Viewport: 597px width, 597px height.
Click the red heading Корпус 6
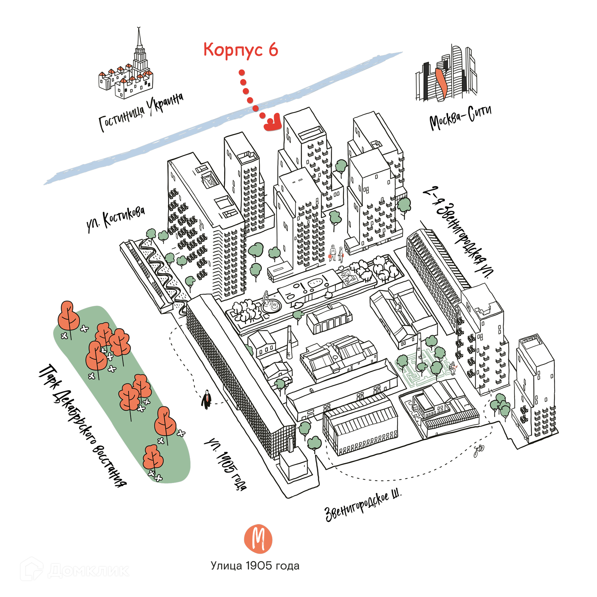click(x=240, y=50)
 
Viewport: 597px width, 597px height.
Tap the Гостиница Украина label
click(x=141, y=113)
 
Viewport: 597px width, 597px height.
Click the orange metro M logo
click(x=258, y=539)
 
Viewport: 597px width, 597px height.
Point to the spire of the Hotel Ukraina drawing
click(x=139, y=40)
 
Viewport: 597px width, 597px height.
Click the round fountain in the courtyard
click(x=271, y=306)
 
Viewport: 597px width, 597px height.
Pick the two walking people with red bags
click(x=336, y=253)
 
